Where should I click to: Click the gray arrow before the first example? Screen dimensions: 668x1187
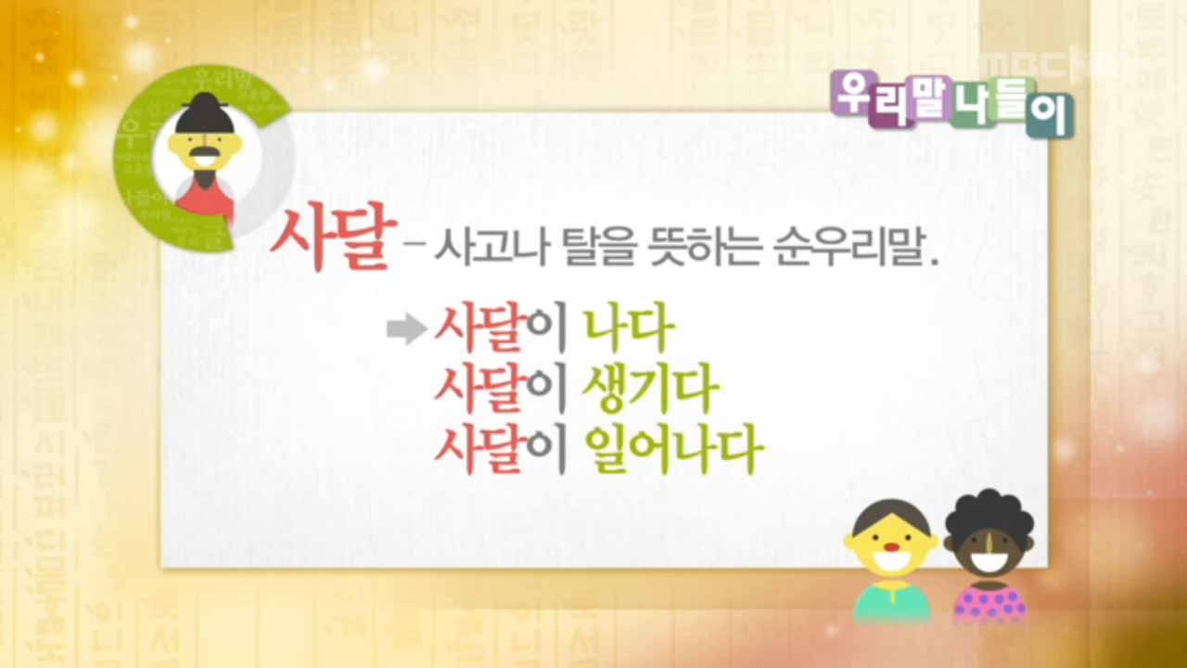406,330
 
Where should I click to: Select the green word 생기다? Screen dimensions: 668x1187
649,391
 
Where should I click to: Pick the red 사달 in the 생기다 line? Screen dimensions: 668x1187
479,391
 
